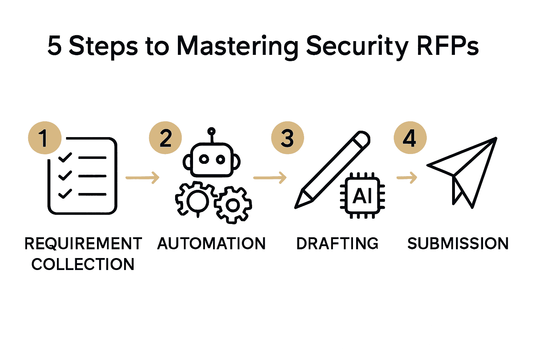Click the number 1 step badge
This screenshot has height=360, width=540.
tap(45, 138)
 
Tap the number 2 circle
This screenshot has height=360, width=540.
tap(166, 138)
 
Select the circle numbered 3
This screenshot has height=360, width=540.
tap(288, 138)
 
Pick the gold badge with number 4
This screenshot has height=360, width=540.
tap(410, 138)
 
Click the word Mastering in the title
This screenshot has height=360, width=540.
tap(237, 46)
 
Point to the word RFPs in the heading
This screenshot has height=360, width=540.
tap(448, 46)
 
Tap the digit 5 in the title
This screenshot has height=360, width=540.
tap(54, 46)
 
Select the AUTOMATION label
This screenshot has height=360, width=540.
tap(211, 244)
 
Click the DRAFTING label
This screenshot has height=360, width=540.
tap(337, 244)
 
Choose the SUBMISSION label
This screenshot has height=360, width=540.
tap(458, 244)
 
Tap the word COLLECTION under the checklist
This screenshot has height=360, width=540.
tap(83, 264)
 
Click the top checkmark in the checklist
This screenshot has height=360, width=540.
tap(65, 157)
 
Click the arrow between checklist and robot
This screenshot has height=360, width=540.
tap(142, 178)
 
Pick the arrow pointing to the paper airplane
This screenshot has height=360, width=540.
tap(407, 178)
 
